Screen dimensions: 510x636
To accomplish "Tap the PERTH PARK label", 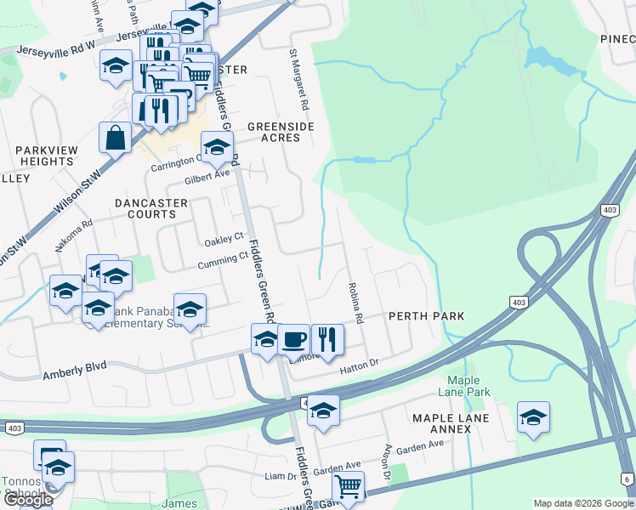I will pyautogui.click(x=426, y=316).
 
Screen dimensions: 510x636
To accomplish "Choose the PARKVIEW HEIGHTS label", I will pyautogui.click(x=44, y=156).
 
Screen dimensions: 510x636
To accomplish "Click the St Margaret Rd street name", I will pyautogui.click(x=298, y=82).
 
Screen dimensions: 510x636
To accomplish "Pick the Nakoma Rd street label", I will pyautogui.click(x=75, y=231).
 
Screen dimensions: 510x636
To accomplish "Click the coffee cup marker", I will pyautogui.click(x=294, y=339).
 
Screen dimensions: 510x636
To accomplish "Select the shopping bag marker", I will pyautogui.click(x=115, y=137).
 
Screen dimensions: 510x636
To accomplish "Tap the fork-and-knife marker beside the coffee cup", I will pyautogui.click(x=327, y=339).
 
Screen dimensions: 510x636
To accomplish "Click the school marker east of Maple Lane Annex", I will pyautogui.click(x=533, y=417).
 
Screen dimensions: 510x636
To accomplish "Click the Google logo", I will pyautogui.click(x=28, y=501).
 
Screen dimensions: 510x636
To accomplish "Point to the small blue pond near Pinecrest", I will pyautogui.click(x=539, y=58).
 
